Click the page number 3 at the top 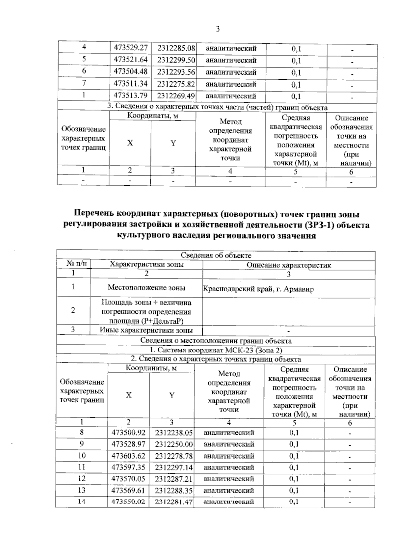(218, 29)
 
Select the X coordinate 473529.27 (130, 48)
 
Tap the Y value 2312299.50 (176, 60)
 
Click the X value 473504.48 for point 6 (130, 72)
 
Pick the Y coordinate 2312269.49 (176, 96)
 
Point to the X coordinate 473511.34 (130, 84)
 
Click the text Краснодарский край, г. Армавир (258, 289)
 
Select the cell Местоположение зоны (146, 288)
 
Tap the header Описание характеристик (289, 265)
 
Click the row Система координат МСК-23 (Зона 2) (216, 350)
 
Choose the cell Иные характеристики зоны (146, 330)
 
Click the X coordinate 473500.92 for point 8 (128, 433)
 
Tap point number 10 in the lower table (82, 456)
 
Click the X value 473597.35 (128, 467)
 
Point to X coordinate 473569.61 (128, 491)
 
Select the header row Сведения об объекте (216, 255)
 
